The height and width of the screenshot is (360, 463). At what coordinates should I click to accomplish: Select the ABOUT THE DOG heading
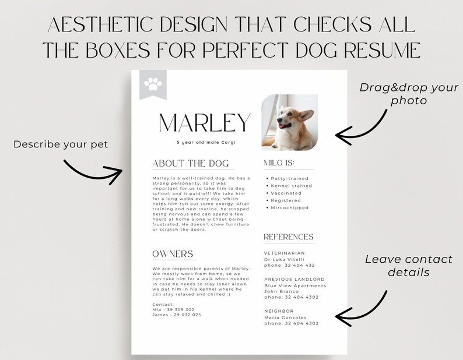pyautogui.click(x=191, y=164)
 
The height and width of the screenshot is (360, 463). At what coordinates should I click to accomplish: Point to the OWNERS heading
pyautogui.click(x=173, y=254)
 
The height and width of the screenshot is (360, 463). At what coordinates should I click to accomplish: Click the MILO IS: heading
pyautogui.click(x=279, y=163)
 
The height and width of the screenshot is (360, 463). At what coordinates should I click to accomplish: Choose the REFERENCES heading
pyautogui.click(x=289, y=237)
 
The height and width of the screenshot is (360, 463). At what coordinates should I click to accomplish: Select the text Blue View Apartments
pyautogui.click(x=295, y=285)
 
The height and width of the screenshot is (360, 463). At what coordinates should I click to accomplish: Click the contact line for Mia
pyautogui.click(x=173, y=309)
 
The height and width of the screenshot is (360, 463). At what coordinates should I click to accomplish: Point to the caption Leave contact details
pyautogui.click(x=408, y=266)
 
